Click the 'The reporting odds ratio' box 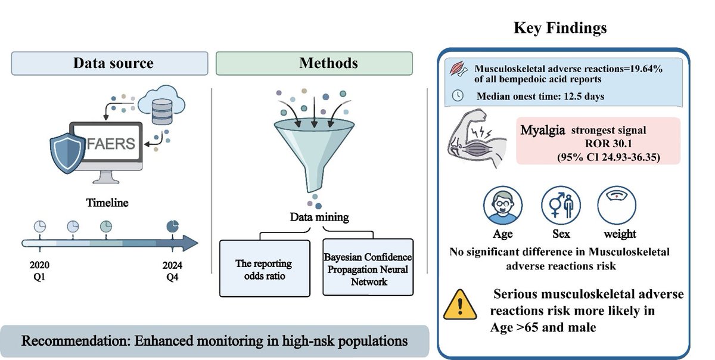pyautogui.click(x=265, y=268)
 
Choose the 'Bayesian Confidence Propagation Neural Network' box pyautogui.click(x=368, y=268)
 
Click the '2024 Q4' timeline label pyautogui.click(x=172, y=268)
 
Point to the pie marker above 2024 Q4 pyautogui.click(x=172, y=226)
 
